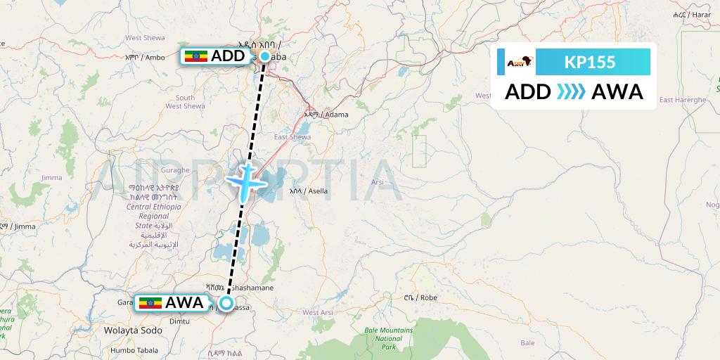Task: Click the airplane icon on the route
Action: click(245, 181)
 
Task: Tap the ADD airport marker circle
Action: click(265, 56)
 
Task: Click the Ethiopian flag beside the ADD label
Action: click(195, 56)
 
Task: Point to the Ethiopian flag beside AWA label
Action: click(150, 303)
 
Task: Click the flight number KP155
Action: click(590, 63)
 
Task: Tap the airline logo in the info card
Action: click(520, 63)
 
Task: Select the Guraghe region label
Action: click(175, 170)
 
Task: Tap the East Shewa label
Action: click(292, 137)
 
